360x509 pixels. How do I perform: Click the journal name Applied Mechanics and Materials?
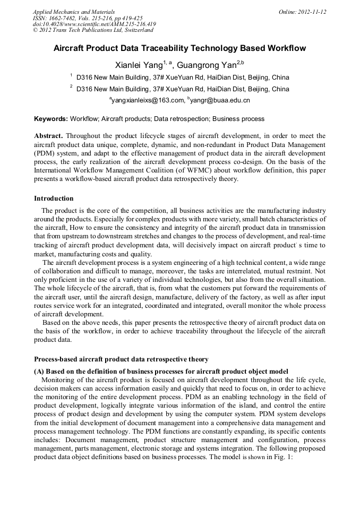[74, 11]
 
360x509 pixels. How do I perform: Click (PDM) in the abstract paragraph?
[45, 153]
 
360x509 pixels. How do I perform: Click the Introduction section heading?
[54, 199]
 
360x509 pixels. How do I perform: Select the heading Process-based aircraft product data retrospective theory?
[121, 359]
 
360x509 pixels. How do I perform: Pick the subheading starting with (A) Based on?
[161, 372]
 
